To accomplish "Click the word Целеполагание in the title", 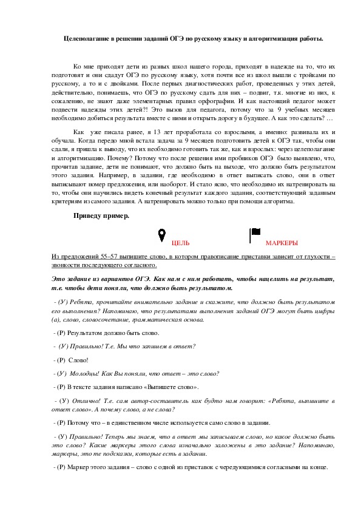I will click(x=86, y=38).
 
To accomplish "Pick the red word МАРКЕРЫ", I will click(x=282, y=243).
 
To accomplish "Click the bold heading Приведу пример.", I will click(x=101, y=216).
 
